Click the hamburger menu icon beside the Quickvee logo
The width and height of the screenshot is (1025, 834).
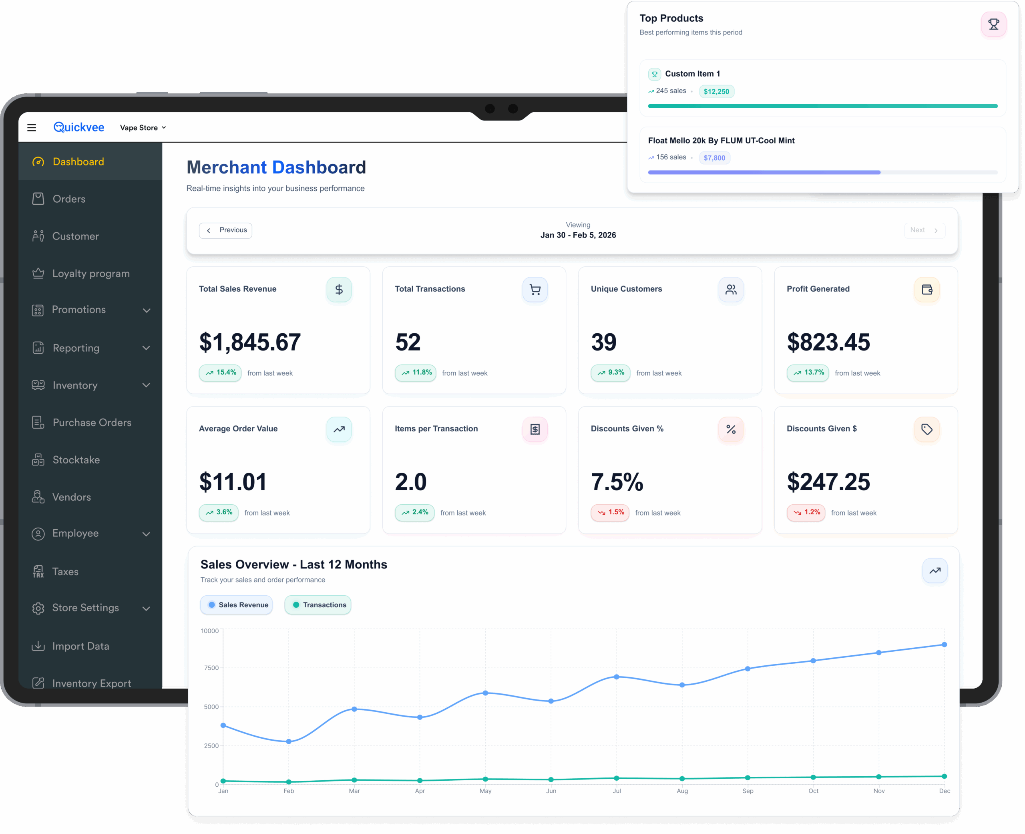point(32,128)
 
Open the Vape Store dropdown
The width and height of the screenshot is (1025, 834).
point(143,128)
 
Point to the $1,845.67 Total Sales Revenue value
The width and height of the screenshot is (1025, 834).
point(250,342)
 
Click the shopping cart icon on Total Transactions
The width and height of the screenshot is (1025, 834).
point(535,290)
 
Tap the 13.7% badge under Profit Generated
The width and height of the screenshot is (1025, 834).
point(808,373)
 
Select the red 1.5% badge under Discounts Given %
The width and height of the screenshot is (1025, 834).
point(610,513)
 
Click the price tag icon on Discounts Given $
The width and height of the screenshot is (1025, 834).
point(927,429)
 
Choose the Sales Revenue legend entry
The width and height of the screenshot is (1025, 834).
point(237,605)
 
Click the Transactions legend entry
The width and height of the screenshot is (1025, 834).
point(318,605)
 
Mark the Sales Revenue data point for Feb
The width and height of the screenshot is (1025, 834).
point(289,742)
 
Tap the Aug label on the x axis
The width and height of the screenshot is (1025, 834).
point(682,791)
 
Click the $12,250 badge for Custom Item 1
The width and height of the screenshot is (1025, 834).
point(716,91)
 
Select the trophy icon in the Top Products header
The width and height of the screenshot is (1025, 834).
point(993,24)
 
